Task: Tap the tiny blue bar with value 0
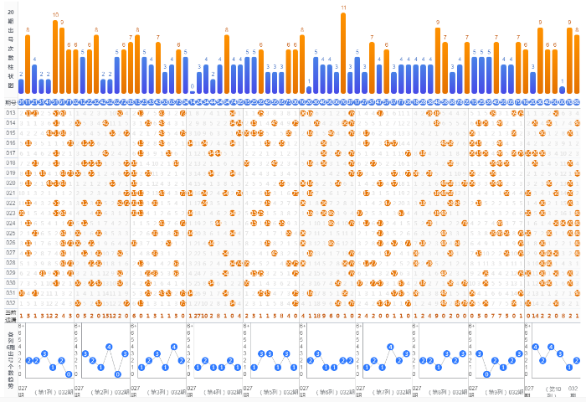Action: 192,91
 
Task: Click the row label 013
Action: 11,113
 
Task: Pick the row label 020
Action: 11,183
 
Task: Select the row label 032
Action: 11,303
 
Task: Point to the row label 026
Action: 11,243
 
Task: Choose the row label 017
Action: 11,153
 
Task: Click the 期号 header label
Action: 11,102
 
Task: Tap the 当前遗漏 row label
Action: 11,316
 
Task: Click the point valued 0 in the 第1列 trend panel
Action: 68,374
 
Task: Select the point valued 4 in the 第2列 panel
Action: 109,346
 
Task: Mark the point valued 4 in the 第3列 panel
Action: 173,346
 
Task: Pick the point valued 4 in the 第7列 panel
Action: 390,346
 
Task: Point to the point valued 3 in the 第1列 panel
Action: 44,353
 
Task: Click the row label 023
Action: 11,213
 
